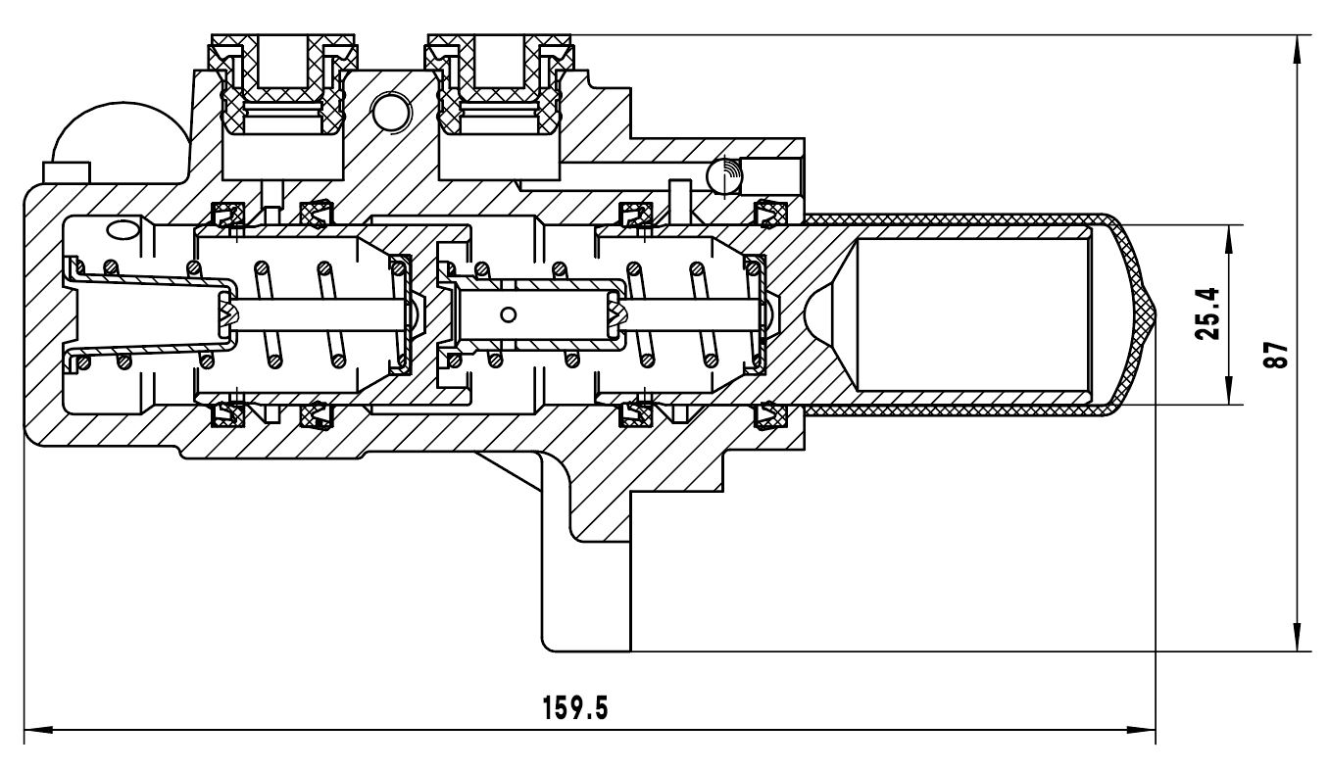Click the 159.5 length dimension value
575,707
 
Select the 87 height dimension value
1275,355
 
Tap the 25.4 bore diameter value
1206,313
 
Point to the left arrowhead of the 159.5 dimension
39,730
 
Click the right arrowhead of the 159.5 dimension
1141,730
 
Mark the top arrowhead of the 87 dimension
1299,50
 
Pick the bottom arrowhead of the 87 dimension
1299,637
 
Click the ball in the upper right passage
724,175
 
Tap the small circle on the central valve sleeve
509,314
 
